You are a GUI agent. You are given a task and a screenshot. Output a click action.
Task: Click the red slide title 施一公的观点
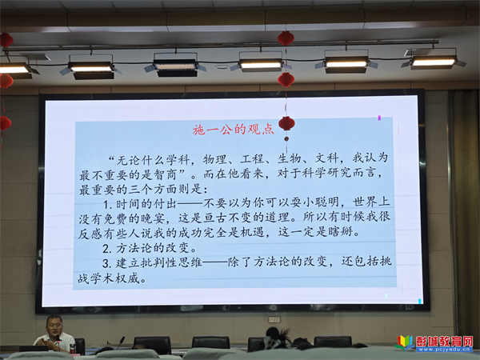(x=234, y=130)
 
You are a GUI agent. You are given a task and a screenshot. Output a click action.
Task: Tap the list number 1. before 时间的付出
(x=108, y=204)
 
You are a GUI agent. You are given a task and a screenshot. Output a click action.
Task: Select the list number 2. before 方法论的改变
(x=107, y=248)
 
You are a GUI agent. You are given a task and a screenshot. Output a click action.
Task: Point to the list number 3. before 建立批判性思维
(x=107, y=263)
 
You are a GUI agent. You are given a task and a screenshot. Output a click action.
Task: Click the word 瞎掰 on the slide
(x=340, y=231)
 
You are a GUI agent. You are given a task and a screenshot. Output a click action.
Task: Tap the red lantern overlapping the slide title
(x=286, y=124)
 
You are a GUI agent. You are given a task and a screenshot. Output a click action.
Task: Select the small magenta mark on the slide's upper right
(x=379, y=118)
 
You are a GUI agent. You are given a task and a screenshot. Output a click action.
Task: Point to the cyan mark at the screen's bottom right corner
(x=420, y=302)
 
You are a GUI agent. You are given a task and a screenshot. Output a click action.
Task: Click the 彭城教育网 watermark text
(x=444, y=341)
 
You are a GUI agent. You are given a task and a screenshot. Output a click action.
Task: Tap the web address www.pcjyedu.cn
(x=444, y=350)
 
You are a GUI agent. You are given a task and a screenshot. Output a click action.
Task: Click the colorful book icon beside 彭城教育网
(x=405, y=343)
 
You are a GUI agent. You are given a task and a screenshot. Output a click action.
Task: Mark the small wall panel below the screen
(x=274, y=319)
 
